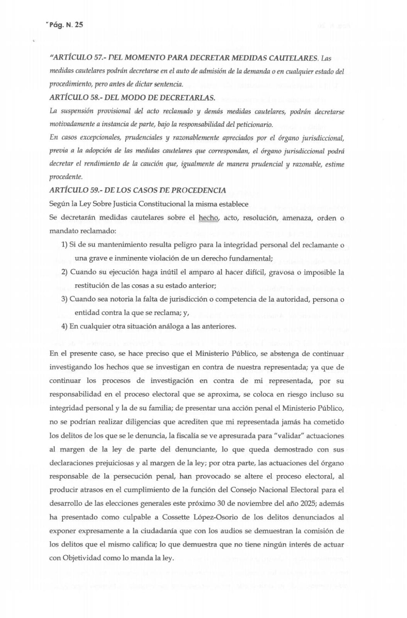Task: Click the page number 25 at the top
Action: (78, 25)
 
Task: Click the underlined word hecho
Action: (209, 218)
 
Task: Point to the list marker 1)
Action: (64, 245)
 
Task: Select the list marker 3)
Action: (64, 299)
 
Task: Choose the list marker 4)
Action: (64, 326)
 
